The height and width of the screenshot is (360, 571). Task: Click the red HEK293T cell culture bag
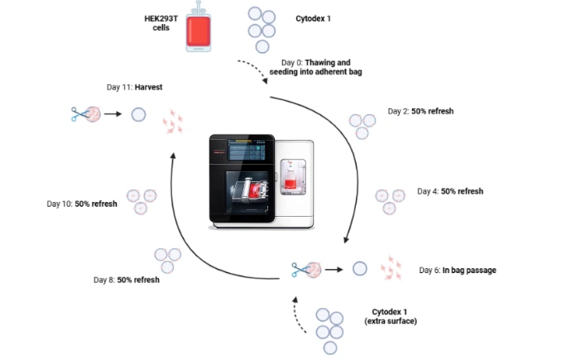199,31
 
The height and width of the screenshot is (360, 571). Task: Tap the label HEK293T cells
161,23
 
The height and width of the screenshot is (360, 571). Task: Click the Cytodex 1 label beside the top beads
313,18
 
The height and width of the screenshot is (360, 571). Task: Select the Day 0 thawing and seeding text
316,67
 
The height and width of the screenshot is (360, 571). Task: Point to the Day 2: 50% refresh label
420,111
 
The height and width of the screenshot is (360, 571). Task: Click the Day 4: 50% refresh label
450,191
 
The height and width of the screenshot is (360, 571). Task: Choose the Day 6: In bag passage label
458,270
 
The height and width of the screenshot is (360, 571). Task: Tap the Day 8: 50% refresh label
127,280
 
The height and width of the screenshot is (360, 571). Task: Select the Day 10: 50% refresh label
82,204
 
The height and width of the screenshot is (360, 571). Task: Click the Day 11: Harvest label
134,87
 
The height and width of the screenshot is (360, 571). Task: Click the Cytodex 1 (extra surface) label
391,316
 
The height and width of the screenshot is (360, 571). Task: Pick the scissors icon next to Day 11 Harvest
79,114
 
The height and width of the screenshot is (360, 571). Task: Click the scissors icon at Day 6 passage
300,270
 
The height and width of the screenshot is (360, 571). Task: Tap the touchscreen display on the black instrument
247,149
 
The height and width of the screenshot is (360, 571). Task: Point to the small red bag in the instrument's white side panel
290,181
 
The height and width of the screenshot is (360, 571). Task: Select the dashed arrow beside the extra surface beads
300,314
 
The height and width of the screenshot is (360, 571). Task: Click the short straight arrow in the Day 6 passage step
334,270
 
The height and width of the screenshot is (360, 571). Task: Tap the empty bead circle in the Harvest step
138,115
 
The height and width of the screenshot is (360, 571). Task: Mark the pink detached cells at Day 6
391,268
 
